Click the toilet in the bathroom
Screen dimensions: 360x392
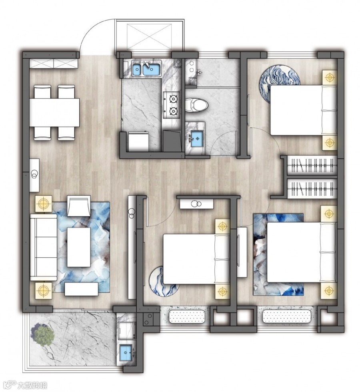[196, 105]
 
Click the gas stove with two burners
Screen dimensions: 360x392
[172, 105]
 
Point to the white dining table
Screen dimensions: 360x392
[54, 113]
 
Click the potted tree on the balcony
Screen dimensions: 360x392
[42, 334]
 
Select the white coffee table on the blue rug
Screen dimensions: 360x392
[78, 247]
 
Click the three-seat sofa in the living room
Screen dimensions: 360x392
[43, 247]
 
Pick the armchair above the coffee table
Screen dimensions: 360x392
[78, 206]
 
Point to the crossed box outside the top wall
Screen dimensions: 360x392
[150, 36]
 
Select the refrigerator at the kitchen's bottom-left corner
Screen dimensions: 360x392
[138, 142]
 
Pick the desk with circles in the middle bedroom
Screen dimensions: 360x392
[197, 204]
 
